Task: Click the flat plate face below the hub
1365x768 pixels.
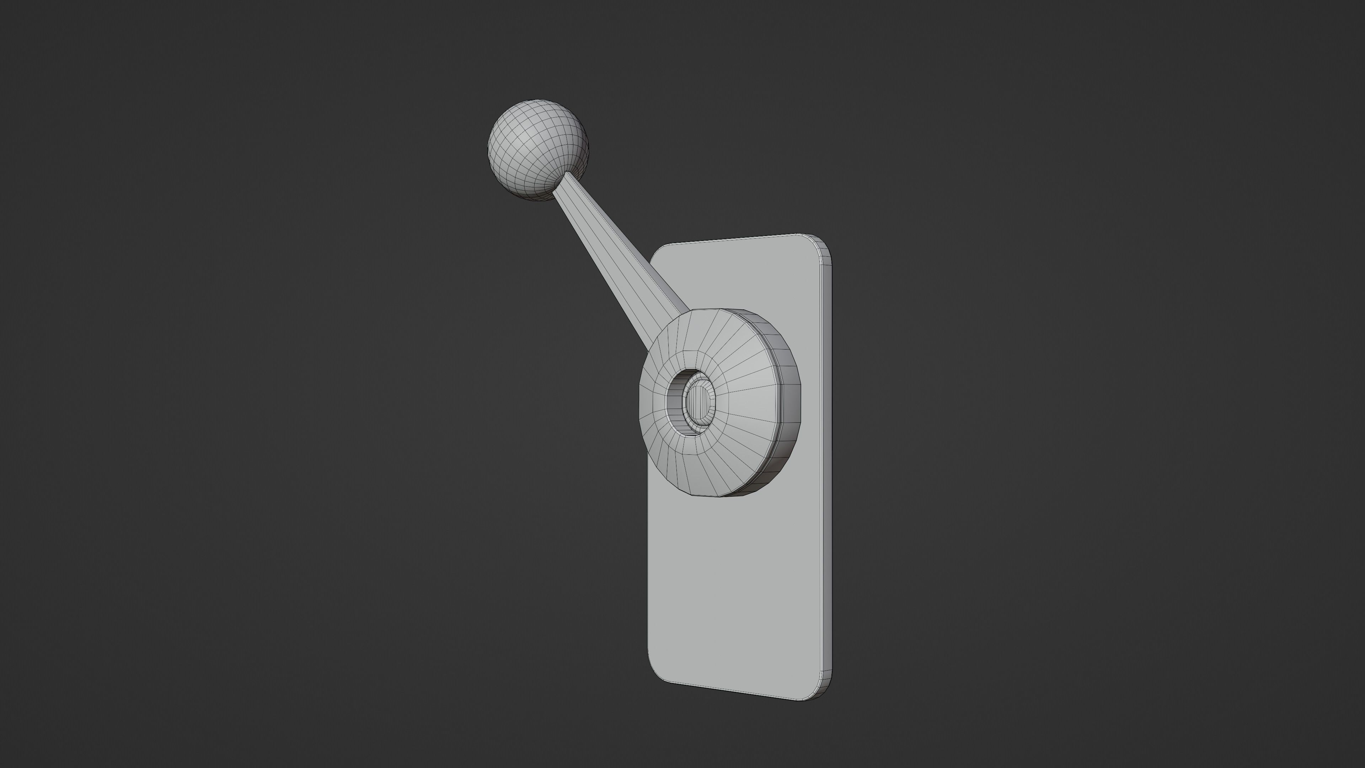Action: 737,594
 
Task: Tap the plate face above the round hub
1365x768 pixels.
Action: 742,281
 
